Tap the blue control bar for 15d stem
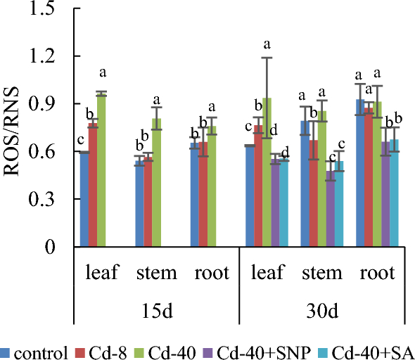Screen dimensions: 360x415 point(139,204)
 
